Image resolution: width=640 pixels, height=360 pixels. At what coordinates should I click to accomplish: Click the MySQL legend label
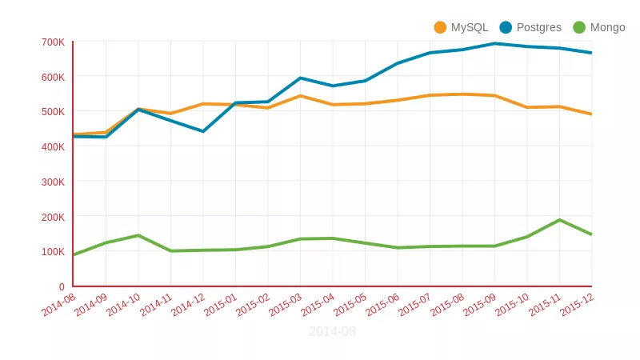[469, 27]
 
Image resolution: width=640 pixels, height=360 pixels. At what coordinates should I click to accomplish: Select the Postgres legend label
[538, 27]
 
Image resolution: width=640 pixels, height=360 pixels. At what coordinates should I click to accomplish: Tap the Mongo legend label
[607, 27]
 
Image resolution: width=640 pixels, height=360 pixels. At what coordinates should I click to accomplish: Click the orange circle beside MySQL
[440, 27]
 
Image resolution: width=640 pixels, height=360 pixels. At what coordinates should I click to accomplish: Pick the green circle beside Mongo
[579, 27]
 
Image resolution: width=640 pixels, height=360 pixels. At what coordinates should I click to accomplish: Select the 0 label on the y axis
[62, 286]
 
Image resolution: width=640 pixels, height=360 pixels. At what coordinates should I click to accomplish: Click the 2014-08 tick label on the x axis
[58, 305]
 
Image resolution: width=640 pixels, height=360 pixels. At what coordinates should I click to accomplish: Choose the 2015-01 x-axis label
[220, 305]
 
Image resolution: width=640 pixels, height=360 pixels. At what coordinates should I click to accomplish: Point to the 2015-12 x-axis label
[576, 305]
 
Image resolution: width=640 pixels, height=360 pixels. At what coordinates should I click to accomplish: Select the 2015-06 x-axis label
[382, 305]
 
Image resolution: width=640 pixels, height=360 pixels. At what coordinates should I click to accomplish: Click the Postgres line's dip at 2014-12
[203, 131]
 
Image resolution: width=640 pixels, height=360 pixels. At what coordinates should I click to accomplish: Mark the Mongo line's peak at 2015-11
[559, 220]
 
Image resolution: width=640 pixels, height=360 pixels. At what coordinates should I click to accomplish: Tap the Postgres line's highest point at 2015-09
[494, 43]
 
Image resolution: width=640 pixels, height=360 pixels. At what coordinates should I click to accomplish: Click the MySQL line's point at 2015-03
[300, 96]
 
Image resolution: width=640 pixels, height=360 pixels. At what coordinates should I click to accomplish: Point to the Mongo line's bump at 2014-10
[138, 235]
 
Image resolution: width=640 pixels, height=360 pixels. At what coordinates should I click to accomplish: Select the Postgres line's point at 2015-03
[300, 78]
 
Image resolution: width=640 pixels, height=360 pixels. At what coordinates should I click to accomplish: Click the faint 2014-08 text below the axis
[332, 331]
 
